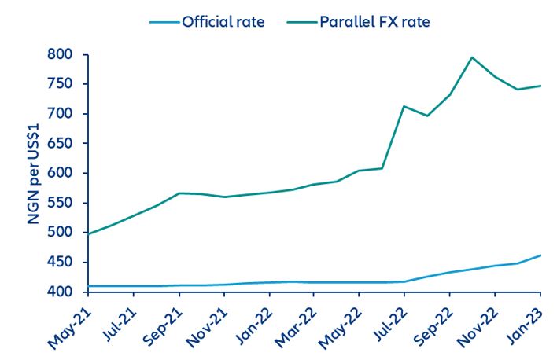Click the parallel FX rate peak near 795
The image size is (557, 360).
pos(472,57)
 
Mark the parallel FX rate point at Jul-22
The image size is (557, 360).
pos(404,106)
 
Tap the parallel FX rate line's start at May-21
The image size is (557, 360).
pos(88,233)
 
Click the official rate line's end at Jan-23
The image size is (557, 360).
pos(540,255)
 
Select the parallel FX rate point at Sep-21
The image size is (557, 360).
pos(179,193)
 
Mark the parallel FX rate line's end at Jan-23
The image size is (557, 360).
pos(540,86)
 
